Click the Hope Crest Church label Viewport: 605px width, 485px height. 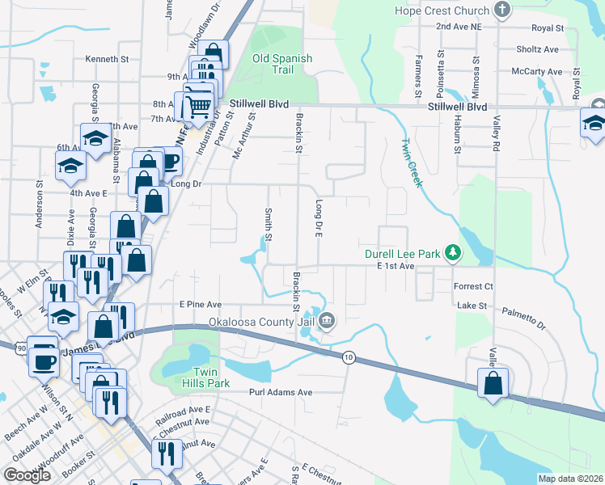pyautogui.click(x=442, y=11)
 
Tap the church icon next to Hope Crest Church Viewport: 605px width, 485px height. pyautogui.click(x=503, y=11)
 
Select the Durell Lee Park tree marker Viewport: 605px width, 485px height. pyautogui.click(x=454, y=254)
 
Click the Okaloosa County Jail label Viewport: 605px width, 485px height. pyautogui.click(x=262, y=322)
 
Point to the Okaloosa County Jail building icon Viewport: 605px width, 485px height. pyautogui.click(x=327, y=321)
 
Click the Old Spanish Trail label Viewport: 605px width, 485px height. pyautogui.click(x=282, y=64)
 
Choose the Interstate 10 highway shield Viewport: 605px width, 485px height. pyautogui.click(x=349, y=357)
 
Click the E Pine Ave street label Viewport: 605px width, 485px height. pyautogui.click(x=201, y=305)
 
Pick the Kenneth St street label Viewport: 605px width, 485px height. pyautogui.click(x=108, y=59)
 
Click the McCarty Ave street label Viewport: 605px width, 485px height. pyautogui.click(x=537, y=72)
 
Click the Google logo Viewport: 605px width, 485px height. pyautogui.click(x=27, y=475)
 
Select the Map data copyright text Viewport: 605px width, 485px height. pyautogui.click(x=571, y=479)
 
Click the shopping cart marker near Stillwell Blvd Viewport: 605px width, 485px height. pyautogui.click(x=197, y=104)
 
